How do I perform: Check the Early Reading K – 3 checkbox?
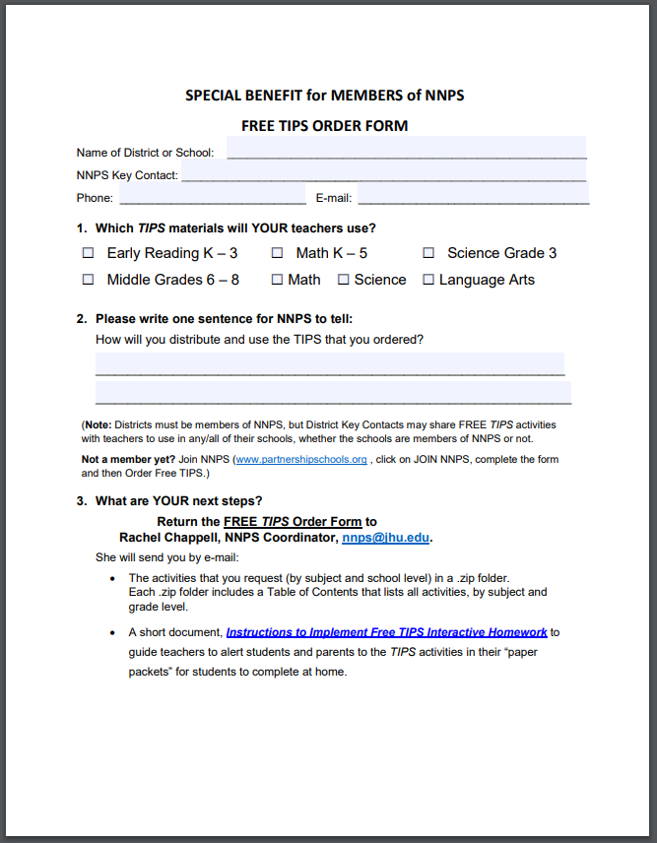click(x=88, y=253)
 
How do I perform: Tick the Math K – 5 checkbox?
click(x=278, y=253)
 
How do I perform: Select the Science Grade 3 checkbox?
click(x=428, y=253)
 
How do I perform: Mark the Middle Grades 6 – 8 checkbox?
click(x=88, y=280)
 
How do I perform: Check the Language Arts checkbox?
click(x=428, y=280)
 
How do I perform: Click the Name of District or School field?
click(x=406, y=150)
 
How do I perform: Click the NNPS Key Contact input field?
click(x=384, y=172)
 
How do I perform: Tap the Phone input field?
click(x=212, y=195)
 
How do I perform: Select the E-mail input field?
click(x=473, y=195)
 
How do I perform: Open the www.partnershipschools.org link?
click(x=301, y=459)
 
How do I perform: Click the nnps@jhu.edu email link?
click(x=385, y=538)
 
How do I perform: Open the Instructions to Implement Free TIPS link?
click(x=386, y=632)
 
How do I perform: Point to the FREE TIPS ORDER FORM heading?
click(x=324, y=126)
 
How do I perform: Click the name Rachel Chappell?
click(x=168, y=538)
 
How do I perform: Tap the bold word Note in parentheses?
click(x=99, y=424)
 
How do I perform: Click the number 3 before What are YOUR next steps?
click(x=81, y=501)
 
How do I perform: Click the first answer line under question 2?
click(x=330, y=365)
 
